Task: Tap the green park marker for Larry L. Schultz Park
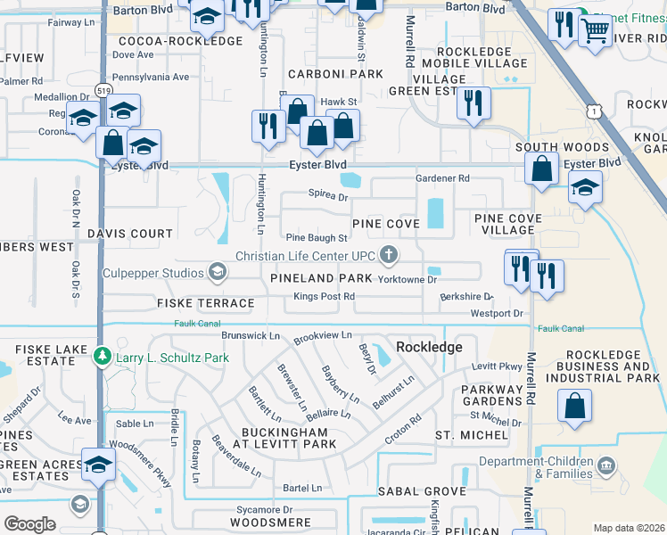click(103, 358)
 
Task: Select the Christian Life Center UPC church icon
click(388, 256)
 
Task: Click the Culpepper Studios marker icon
click(217, 271)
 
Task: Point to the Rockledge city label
click(429, 347)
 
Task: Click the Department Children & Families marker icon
click(605, 465)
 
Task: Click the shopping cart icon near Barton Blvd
click(595, 30)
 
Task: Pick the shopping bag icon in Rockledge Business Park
click(575, 406)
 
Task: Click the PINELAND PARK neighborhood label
click(321, 279)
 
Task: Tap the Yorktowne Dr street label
click(407, 279)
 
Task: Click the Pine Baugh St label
click(316, 238)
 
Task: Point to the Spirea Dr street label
click(327, 195)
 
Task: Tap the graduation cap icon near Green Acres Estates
click(98, 465)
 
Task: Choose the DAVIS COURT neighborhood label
click(129, 234)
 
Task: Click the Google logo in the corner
click(29, 523)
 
